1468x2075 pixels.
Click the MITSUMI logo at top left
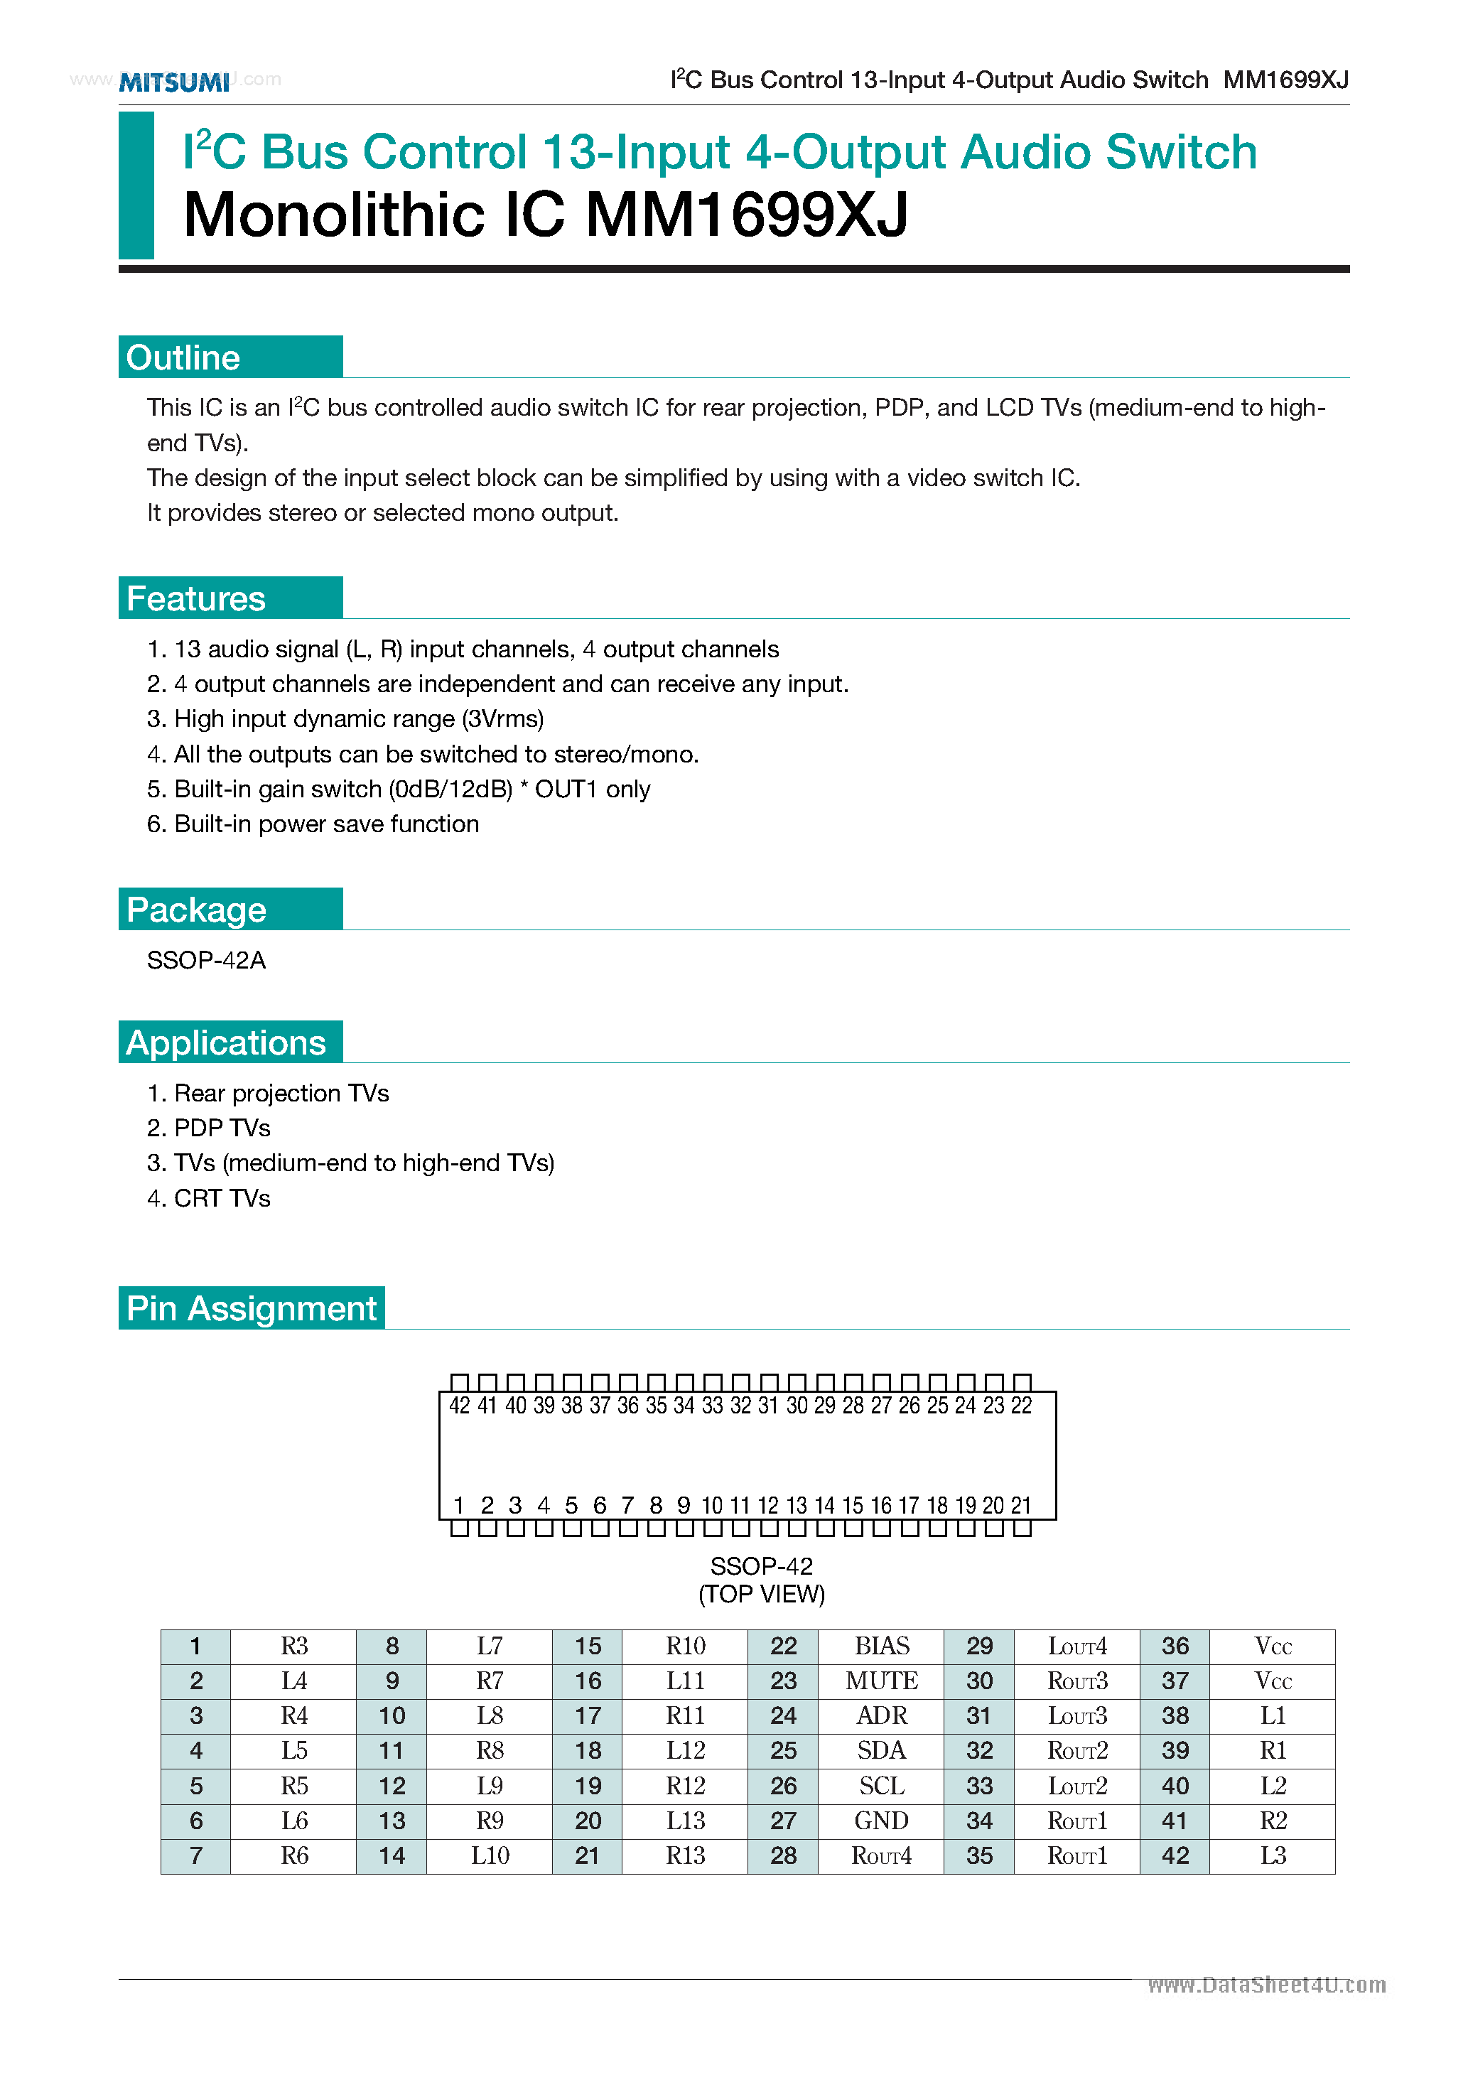click(x=175, y=82)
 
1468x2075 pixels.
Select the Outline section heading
click(x=183, y=358)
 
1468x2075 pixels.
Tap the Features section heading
click(x=196, y=599)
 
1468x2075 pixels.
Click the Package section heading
click(x=196, y=910)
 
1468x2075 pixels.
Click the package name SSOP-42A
click(x=206, y=961)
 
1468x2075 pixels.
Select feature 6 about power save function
click(x=313, y=824)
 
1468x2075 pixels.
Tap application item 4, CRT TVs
click(x=209, y=1198)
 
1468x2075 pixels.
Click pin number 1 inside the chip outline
click(x=459, y=1506)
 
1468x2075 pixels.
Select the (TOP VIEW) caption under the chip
click(x=761, y=1594)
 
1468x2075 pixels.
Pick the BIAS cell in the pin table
click(x=881, y=1646)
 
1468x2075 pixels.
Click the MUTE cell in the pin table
click(x=881, y=1681)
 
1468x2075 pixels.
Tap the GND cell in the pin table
click(x=881, y=1821)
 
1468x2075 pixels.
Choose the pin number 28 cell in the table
click(x=783, y=1856)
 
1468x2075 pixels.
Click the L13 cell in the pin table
click(x=685, y=1821)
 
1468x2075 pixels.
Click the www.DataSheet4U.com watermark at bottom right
click(x=1266, y=1985)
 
